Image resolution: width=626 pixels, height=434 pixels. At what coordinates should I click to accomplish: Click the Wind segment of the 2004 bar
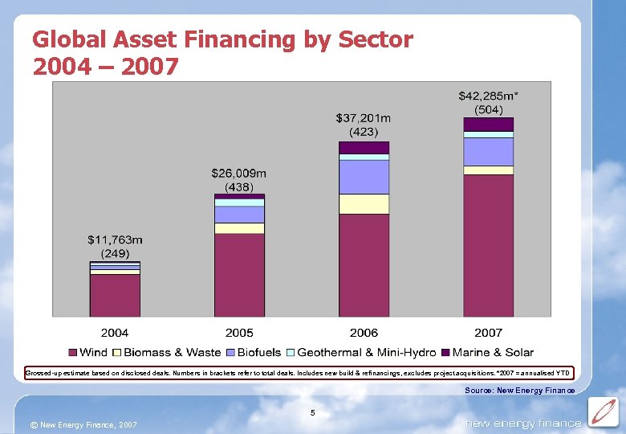115,295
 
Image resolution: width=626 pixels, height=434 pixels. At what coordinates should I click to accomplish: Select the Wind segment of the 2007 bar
488,245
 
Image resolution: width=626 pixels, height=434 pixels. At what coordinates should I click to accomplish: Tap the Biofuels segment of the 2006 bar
364,177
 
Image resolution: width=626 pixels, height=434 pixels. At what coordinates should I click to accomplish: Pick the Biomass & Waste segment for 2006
364,204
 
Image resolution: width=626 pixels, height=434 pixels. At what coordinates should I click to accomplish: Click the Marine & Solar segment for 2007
488,125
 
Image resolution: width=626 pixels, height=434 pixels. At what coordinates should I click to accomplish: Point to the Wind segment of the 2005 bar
239,274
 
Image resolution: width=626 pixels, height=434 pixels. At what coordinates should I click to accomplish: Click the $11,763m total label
115,239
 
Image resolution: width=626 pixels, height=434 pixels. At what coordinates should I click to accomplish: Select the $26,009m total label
239,173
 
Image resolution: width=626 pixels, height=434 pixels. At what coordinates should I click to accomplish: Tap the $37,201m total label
364,117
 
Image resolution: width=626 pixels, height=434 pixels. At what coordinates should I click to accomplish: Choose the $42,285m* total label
488,96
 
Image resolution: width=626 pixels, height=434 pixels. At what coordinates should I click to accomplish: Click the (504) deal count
488,109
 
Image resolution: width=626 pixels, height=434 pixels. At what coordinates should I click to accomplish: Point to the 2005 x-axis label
239,333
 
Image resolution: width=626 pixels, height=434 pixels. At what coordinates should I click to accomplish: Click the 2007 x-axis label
488,333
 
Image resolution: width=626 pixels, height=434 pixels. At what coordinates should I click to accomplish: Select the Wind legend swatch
73,352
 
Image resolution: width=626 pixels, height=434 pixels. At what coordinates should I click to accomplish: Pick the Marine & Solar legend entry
486,352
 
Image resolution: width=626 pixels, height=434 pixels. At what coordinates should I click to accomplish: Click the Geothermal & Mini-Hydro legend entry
360,352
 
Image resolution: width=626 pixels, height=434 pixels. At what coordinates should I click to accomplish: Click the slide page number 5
314,413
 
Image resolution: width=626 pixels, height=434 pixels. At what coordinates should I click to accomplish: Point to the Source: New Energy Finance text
519,391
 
